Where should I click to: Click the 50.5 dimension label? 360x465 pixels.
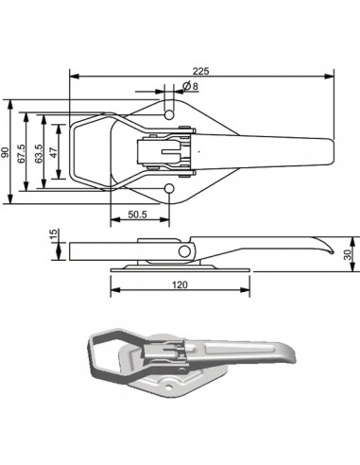point(140,215)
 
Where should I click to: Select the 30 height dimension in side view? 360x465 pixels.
point(349,254)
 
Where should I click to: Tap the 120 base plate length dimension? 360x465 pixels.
point(180,284)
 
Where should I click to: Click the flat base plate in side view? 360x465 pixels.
point(180,267)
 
